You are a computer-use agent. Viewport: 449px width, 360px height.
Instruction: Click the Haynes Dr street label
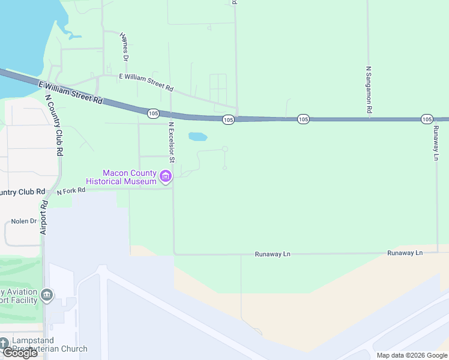coord(125,46)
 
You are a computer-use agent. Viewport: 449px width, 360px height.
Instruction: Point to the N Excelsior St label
coord(171,143)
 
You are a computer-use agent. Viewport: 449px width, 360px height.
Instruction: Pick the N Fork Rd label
coord(71,191)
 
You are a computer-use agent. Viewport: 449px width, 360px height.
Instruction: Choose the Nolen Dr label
coord(24,221)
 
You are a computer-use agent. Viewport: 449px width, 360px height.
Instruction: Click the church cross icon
coord(4,343)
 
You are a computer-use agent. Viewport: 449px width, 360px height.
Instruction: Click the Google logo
coord(19,353)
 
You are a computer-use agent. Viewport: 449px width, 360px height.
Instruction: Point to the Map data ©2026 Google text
coord(412,355)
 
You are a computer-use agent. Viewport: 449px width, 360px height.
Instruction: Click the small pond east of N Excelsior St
coord(197,137)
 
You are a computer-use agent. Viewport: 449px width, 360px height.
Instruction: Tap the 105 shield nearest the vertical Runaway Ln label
coord(427,119)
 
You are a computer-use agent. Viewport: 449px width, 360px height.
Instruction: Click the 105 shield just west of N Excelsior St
coord(153,113)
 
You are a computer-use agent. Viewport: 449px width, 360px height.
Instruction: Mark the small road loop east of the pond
coord(225,149)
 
